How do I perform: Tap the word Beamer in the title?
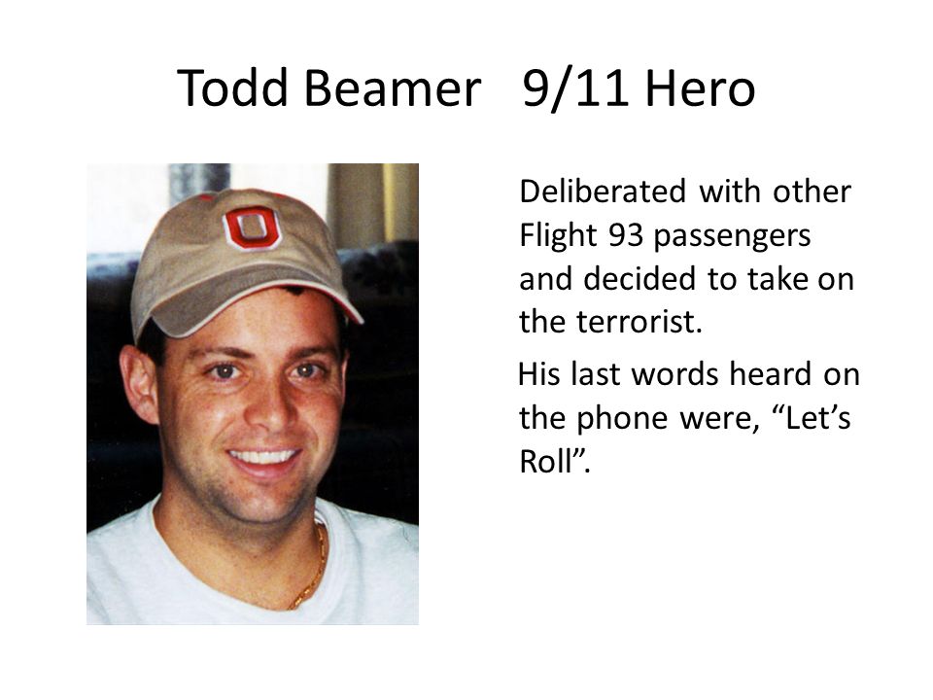393,89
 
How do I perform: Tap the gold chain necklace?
313,574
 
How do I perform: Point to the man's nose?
265,408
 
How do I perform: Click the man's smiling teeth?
263,456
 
